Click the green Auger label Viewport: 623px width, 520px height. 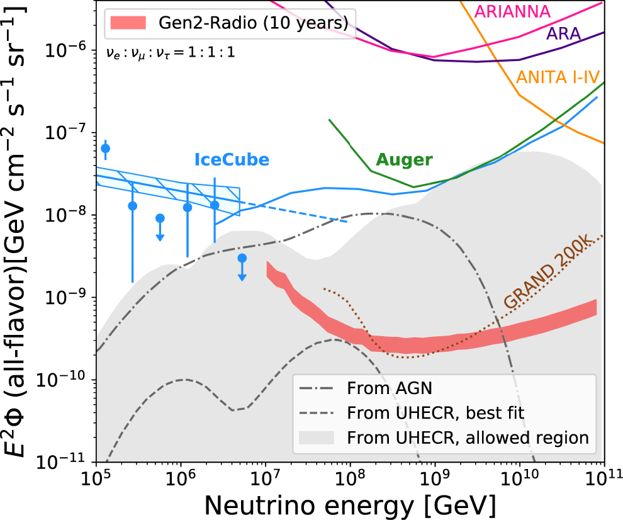point(405,160)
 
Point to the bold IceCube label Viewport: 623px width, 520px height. point(231,160)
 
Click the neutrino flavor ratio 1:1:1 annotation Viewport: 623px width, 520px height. point(171,53)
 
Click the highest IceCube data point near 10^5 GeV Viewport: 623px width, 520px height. point(105,149)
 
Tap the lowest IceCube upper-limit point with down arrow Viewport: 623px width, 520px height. point(242,258)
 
